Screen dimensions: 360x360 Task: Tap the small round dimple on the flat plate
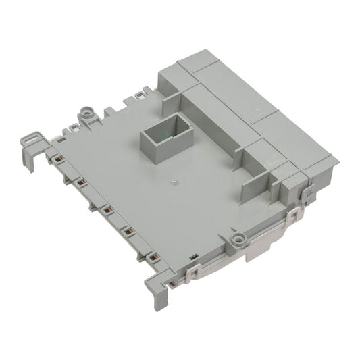[174, 182]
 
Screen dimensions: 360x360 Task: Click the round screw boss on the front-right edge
[238, 238]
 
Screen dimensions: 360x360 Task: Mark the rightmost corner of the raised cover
[337, 161]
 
